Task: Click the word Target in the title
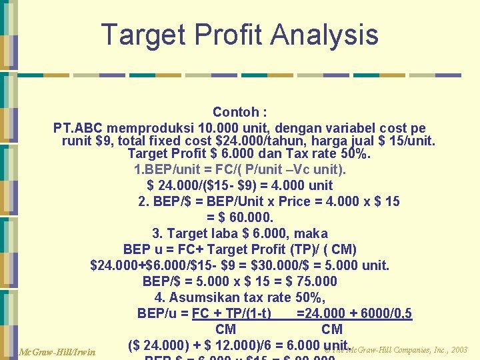point(143,35)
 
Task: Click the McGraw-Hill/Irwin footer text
point(57,351)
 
